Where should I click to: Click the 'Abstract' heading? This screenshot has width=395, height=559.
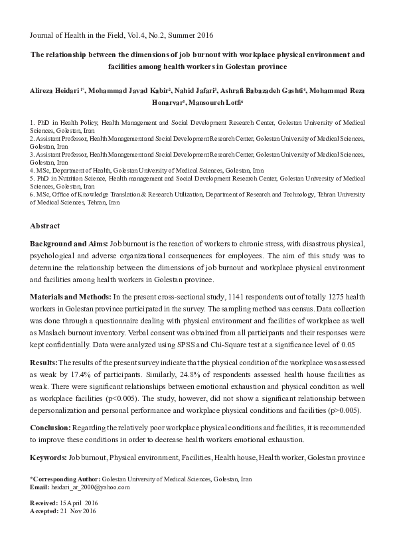pos(45,226)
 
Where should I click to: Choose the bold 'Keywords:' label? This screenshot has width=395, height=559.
pos(48,458)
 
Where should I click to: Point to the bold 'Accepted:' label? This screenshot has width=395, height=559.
pos(45,513)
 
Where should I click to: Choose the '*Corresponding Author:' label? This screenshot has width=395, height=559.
pos(64,479)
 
